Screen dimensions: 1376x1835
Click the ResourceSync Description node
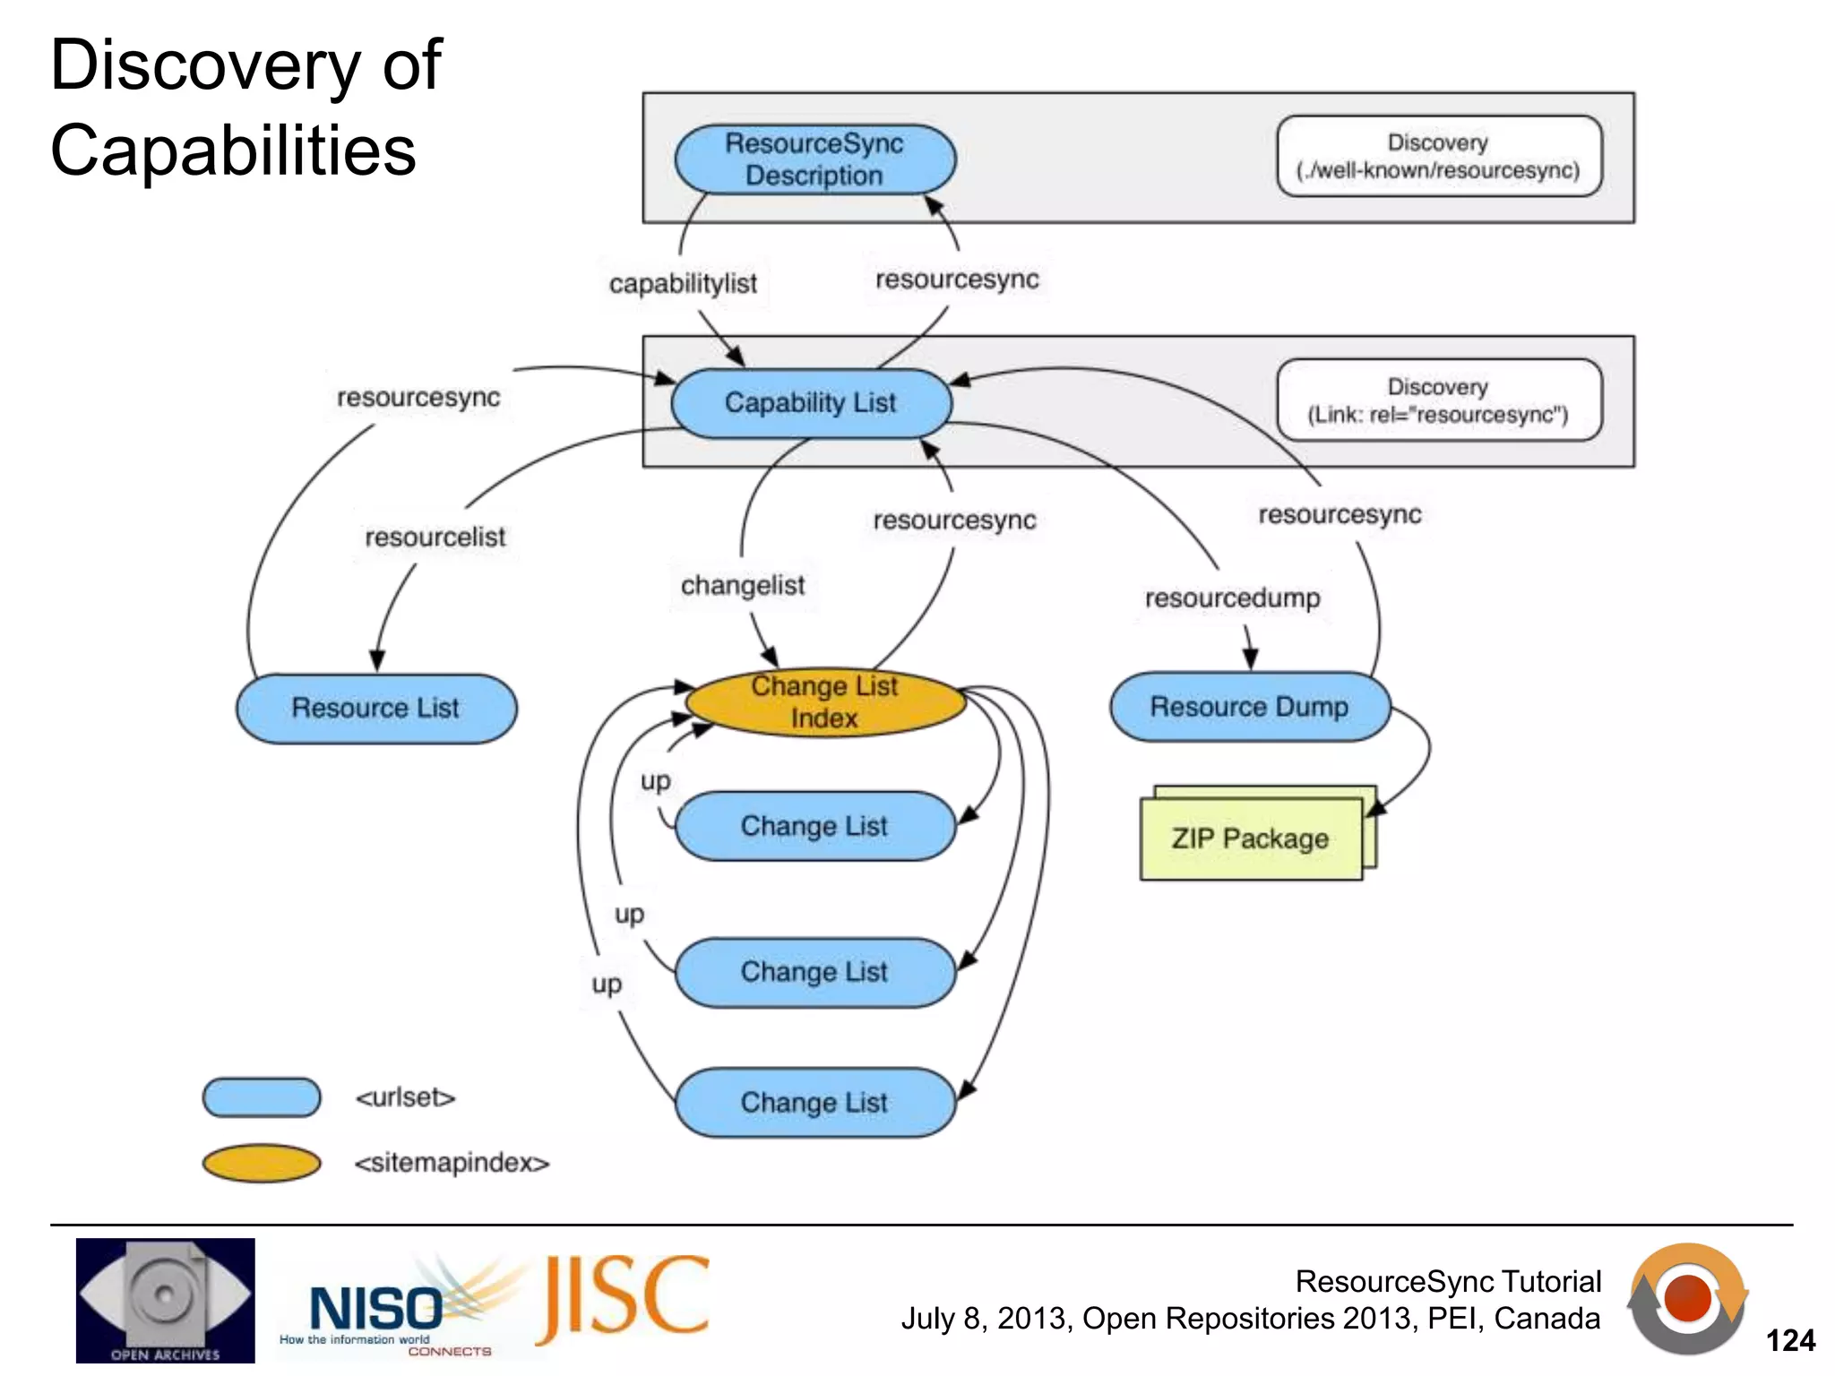(814, 159)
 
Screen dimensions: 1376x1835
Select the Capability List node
(810, 403)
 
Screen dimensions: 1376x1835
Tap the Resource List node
(376, 709)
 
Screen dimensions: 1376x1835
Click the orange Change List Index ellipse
(824, 702)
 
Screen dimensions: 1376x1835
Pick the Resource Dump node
(1249, 707)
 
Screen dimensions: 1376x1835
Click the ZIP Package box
(1251, 839)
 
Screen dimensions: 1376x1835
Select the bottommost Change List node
(814, 1103)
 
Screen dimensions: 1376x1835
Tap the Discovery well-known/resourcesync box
(1438, 156)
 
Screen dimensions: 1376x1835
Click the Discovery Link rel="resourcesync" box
(1438, 400)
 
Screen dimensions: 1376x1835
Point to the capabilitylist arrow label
(683, 284)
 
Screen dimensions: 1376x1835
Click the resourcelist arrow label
(435, 537)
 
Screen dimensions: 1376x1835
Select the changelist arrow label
(743, 586)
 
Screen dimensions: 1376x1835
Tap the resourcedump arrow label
(1232, 598)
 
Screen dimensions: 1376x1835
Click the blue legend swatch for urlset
(262, 1097)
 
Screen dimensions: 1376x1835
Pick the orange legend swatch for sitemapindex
(262, 1163)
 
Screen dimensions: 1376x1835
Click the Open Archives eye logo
(166, 1299)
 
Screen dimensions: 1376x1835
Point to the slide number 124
(1789, 1340)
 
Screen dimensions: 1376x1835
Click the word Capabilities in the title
(233, 150)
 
